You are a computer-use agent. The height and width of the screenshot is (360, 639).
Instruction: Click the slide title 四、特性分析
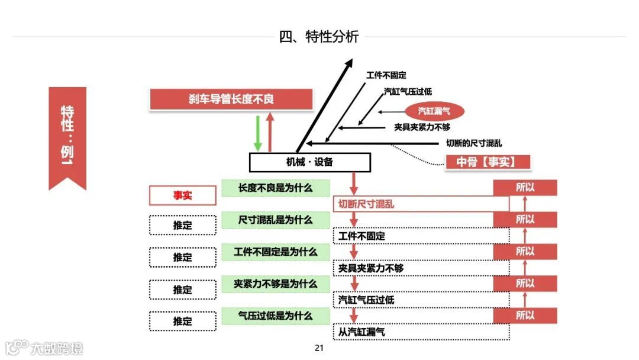tap(319, 37)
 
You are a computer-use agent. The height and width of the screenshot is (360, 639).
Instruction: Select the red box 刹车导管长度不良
tap(231, 99)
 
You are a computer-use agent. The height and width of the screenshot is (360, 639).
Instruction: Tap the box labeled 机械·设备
tap(309, 162)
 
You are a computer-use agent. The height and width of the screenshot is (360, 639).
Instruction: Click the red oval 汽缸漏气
tap(435, 111)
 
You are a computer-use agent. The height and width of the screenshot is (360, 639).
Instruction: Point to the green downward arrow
tap(257, 133)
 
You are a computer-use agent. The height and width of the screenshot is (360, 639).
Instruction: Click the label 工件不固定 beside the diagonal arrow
tap(386, 75)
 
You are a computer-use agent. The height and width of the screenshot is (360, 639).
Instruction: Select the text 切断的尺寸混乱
tap(474, 143)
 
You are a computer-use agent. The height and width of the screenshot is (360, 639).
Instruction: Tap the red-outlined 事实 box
tap(182, 195)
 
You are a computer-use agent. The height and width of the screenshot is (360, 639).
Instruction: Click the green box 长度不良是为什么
tap(275, 188)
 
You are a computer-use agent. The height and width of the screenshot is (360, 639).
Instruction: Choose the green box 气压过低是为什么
tap(275, 316)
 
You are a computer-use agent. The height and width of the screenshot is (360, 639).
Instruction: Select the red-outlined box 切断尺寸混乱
tap(421, 204)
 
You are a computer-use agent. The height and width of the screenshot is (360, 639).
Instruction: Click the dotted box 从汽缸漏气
tap(421, 332)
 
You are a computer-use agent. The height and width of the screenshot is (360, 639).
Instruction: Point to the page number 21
tap(319, 348)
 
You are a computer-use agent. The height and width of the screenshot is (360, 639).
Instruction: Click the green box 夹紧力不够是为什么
tap(275, 284)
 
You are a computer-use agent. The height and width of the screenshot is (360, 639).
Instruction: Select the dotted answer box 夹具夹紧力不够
tap(421, 268)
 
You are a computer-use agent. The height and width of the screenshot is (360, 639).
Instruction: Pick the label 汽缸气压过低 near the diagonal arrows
tap(408, 92)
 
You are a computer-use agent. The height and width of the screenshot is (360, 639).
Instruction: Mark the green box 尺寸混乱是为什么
tap(275, 220)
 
